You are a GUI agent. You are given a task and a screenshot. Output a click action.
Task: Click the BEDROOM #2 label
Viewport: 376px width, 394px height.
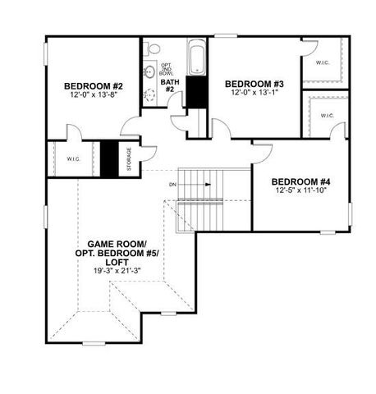pos(94,86)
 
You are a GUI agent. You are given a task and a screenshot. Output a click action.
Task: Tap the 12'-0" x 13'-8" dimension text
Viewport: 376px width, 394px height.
pos(94,97)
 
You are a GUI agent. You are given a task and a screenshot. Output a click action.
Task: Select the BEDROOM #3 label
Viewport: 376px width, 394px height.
pos(254,84)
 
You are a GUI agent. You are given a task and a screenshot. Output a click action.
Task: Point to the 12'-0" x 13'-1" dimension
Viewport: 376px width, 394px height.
pos(254,94)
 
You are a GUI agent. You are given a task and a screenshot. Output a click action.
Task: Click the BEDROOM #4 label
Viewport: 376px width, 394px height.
pos(301,181)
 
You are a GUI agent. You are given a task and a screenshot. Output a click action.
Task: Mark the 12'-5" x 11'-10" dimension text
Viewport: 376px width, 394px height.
pos(301,191)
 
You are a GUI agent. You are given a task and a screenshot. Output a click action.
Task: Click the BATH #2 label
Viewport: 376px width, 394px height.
pos(170,86)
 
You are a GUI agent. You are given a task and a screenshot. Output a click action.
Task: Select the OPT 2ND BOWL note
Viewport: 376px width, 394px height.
pos(167,69)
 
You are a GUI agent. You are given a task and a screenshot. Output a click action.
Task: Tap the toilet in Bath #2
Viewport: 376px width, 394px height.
pos(149,51)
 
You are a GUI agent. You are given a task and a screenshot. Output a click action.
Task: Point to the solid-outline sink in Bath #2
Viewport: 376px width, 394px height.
pos(149,72)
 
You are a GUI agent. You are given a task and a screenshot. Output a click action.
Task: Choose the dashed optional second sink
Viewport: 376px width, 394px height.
pos(149,95)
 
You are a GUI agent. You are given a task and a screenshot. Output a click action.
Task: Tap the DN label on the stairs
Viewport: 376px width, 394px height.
pos(173,185)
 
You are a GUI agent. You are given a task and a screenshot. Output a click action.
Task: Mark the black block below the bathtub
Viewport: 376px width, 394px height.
pos(196,92)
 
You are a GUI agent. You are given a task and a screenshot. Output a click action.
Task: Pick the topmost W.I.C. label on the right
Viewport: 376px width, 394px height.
pos(323,62)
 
